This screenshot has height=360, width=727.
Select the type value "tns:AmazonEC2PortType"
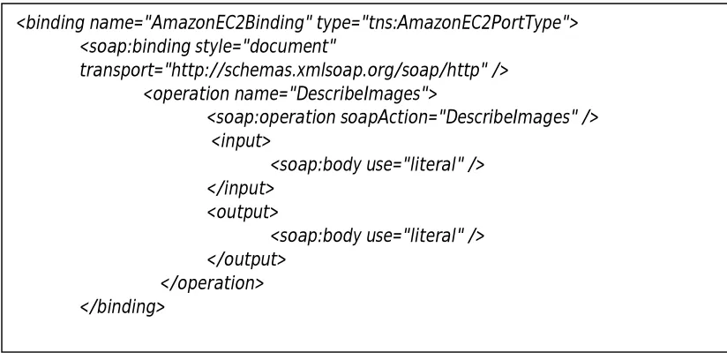461,23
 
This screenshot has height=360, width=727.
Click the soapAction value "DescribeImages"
506,117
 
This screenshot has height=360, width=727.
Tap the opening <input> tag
241,141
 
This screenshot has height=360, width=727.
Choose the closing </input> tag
241,188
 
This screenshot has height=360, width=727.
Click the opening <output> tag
243,212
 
